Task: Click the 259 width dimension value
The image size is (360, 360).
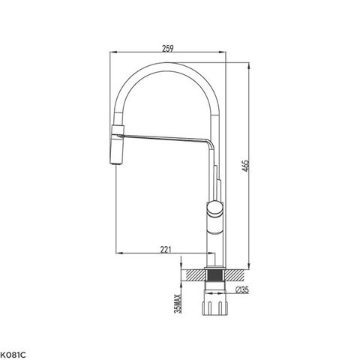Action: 168,48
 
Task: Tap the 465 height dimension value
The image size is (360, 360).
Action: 246,166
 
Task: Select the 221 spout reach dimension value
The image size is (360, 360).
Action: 166,249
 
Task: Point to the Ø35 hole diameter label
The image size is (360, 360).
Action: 242,289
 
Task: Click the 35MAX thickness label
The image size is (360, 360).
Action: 178,304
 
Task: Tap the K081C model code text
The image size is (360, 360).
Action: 13,355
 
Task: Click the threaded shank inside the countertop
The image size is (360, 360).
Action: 215,275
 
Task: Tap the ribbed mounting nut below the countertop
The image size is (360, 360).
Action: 214,307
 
